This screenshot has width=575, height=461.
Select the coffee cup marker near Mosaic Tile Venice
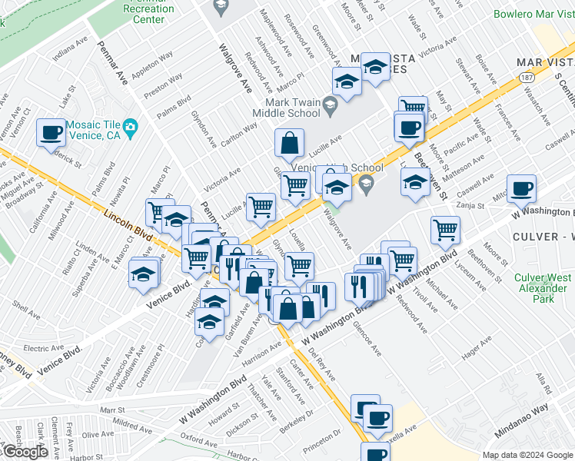coord(52,133)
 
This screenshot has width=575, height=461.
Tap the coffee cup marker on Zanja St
coord(521,188)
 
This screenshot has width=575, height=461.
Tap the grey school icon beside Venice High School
coord(367,182)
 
